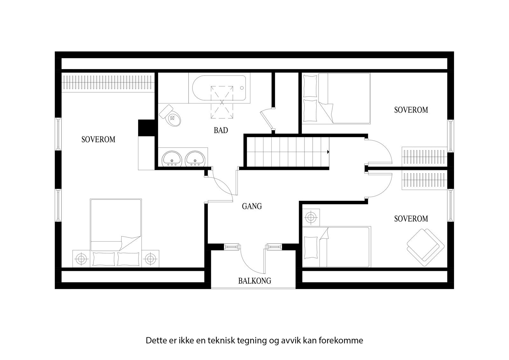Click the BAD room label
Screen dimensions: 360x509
pyautogui.click(x=221, y=130)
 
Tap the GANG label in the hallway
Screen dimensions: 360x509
pyautogui.click(x=252, y=206)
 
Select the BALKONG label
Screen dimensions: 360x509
pyautogui.click(x=254, y=281)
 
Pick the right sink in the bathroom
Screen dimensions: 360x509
pyautogui.click(x=195, y=158)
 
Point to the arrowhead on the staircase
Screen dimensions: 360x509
pyautogui.click(x=327, y=152)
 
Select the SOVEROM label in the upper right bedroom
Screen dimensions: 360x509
pyautogui.click(x=411, y=110)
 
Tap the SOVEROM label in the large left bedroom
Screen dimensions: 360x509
pyautogui.click(x=98, y=139)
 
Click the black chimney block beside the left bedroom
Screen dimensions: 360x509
pyautogui.click(x=146, y=128)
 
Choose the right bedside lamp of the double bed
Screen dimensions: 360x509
pyautogui.click(x=150, y=258)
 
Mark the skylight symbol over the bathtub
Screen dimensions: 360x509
pyautogui.click(x=222, y=102)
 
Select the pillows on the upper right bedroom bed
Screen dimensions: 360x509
pyautogui.click(x=310, y=99)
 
